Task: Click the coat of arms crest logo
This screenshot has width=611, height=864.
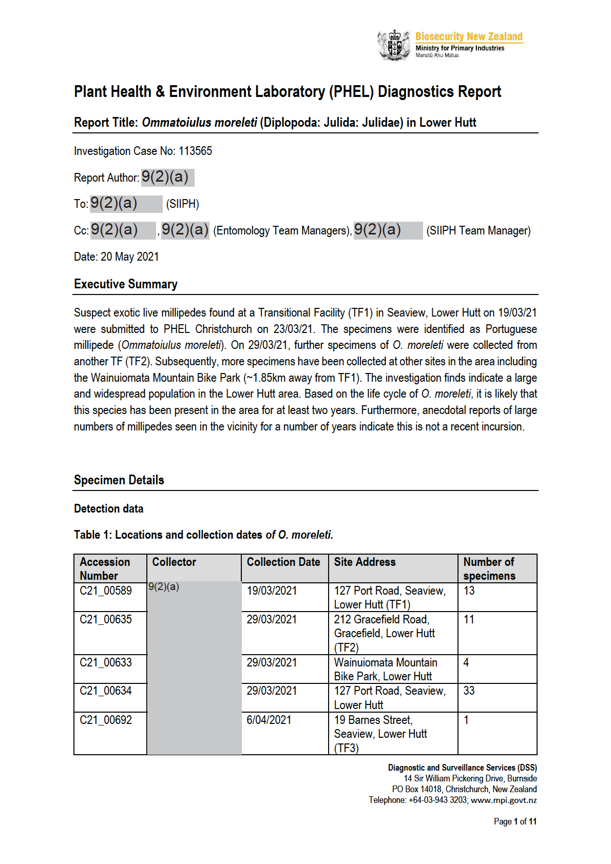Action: tap(394, 45)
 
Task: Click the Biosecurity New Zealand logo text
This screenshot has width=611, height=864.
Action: tap(469, 36)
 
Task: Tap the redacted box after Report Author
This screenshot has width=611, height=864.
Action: tap(167, 178)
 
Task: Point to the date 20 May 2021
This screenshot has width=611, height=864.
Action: tap(130, 257)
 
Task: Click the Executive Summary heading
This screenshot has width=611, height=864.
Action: tap(126, 284)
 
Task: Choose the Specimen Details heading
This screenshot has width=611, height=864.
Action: tap(119, 480)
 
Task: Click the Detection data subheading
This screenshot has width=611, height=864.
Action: tap(109, 509)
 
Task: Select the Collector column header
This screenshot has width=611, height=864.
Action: tap(174, 562)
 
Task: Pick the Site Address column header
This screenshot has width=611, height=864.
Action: tap(365, 562)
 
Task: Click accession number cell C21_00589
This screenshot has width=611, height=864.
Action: tap(106, 591)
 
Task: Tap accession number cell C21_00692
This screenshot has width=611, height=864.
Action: tap(106, 720)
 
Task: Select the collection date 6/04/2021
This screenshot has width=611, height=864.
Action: tap(269, 720)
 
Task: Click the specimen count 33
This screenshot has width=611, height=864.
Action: tap(469, 691)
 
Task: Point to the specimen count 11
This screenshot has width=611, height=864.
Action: tap(469, 620)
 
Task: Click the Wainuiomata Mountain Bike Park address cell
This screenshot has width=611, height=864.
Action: tap(385, 670)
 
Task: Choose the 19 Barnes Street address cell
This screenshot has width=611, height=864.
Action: tap(380, 734)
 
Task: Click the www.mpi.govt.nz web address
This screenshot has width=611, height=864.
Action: tap(504, 800)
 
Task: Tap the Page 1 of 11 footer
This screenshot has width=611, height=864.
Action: tap(515, 821)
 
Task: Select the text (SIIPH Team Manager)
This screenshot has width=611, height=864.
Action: tap(478, 231)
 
